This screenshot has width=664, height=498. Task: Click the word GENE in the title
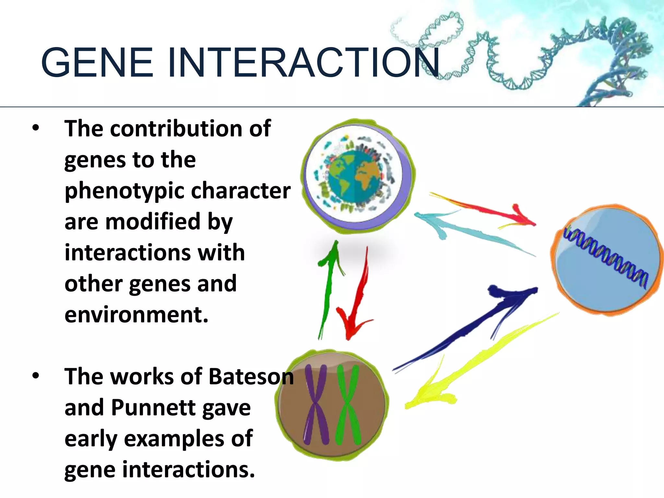pos(97,62)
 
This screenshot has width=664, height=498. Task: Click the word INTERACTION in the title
pos(303,62)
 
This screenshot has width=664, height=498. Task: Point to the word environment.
pos(136,315)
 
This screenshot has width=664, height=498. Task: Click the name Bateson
pos(251,377)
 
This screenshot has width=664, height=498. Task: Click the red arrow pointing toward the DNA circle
pos(483,207)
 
